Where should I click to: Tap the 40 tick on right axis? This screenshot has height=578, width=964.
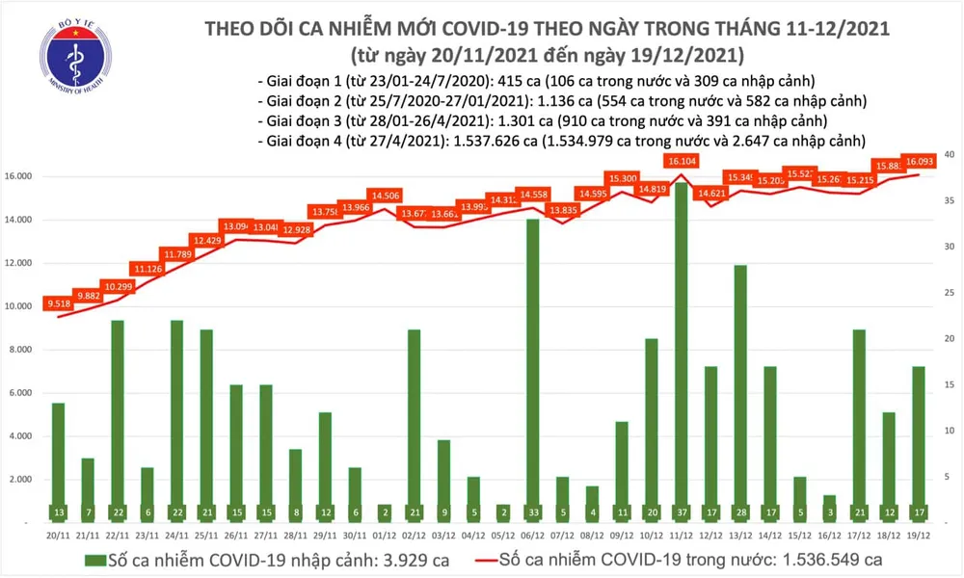point(949,155)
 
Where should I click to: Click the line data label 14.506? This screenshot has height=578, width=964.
point(386,196)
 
